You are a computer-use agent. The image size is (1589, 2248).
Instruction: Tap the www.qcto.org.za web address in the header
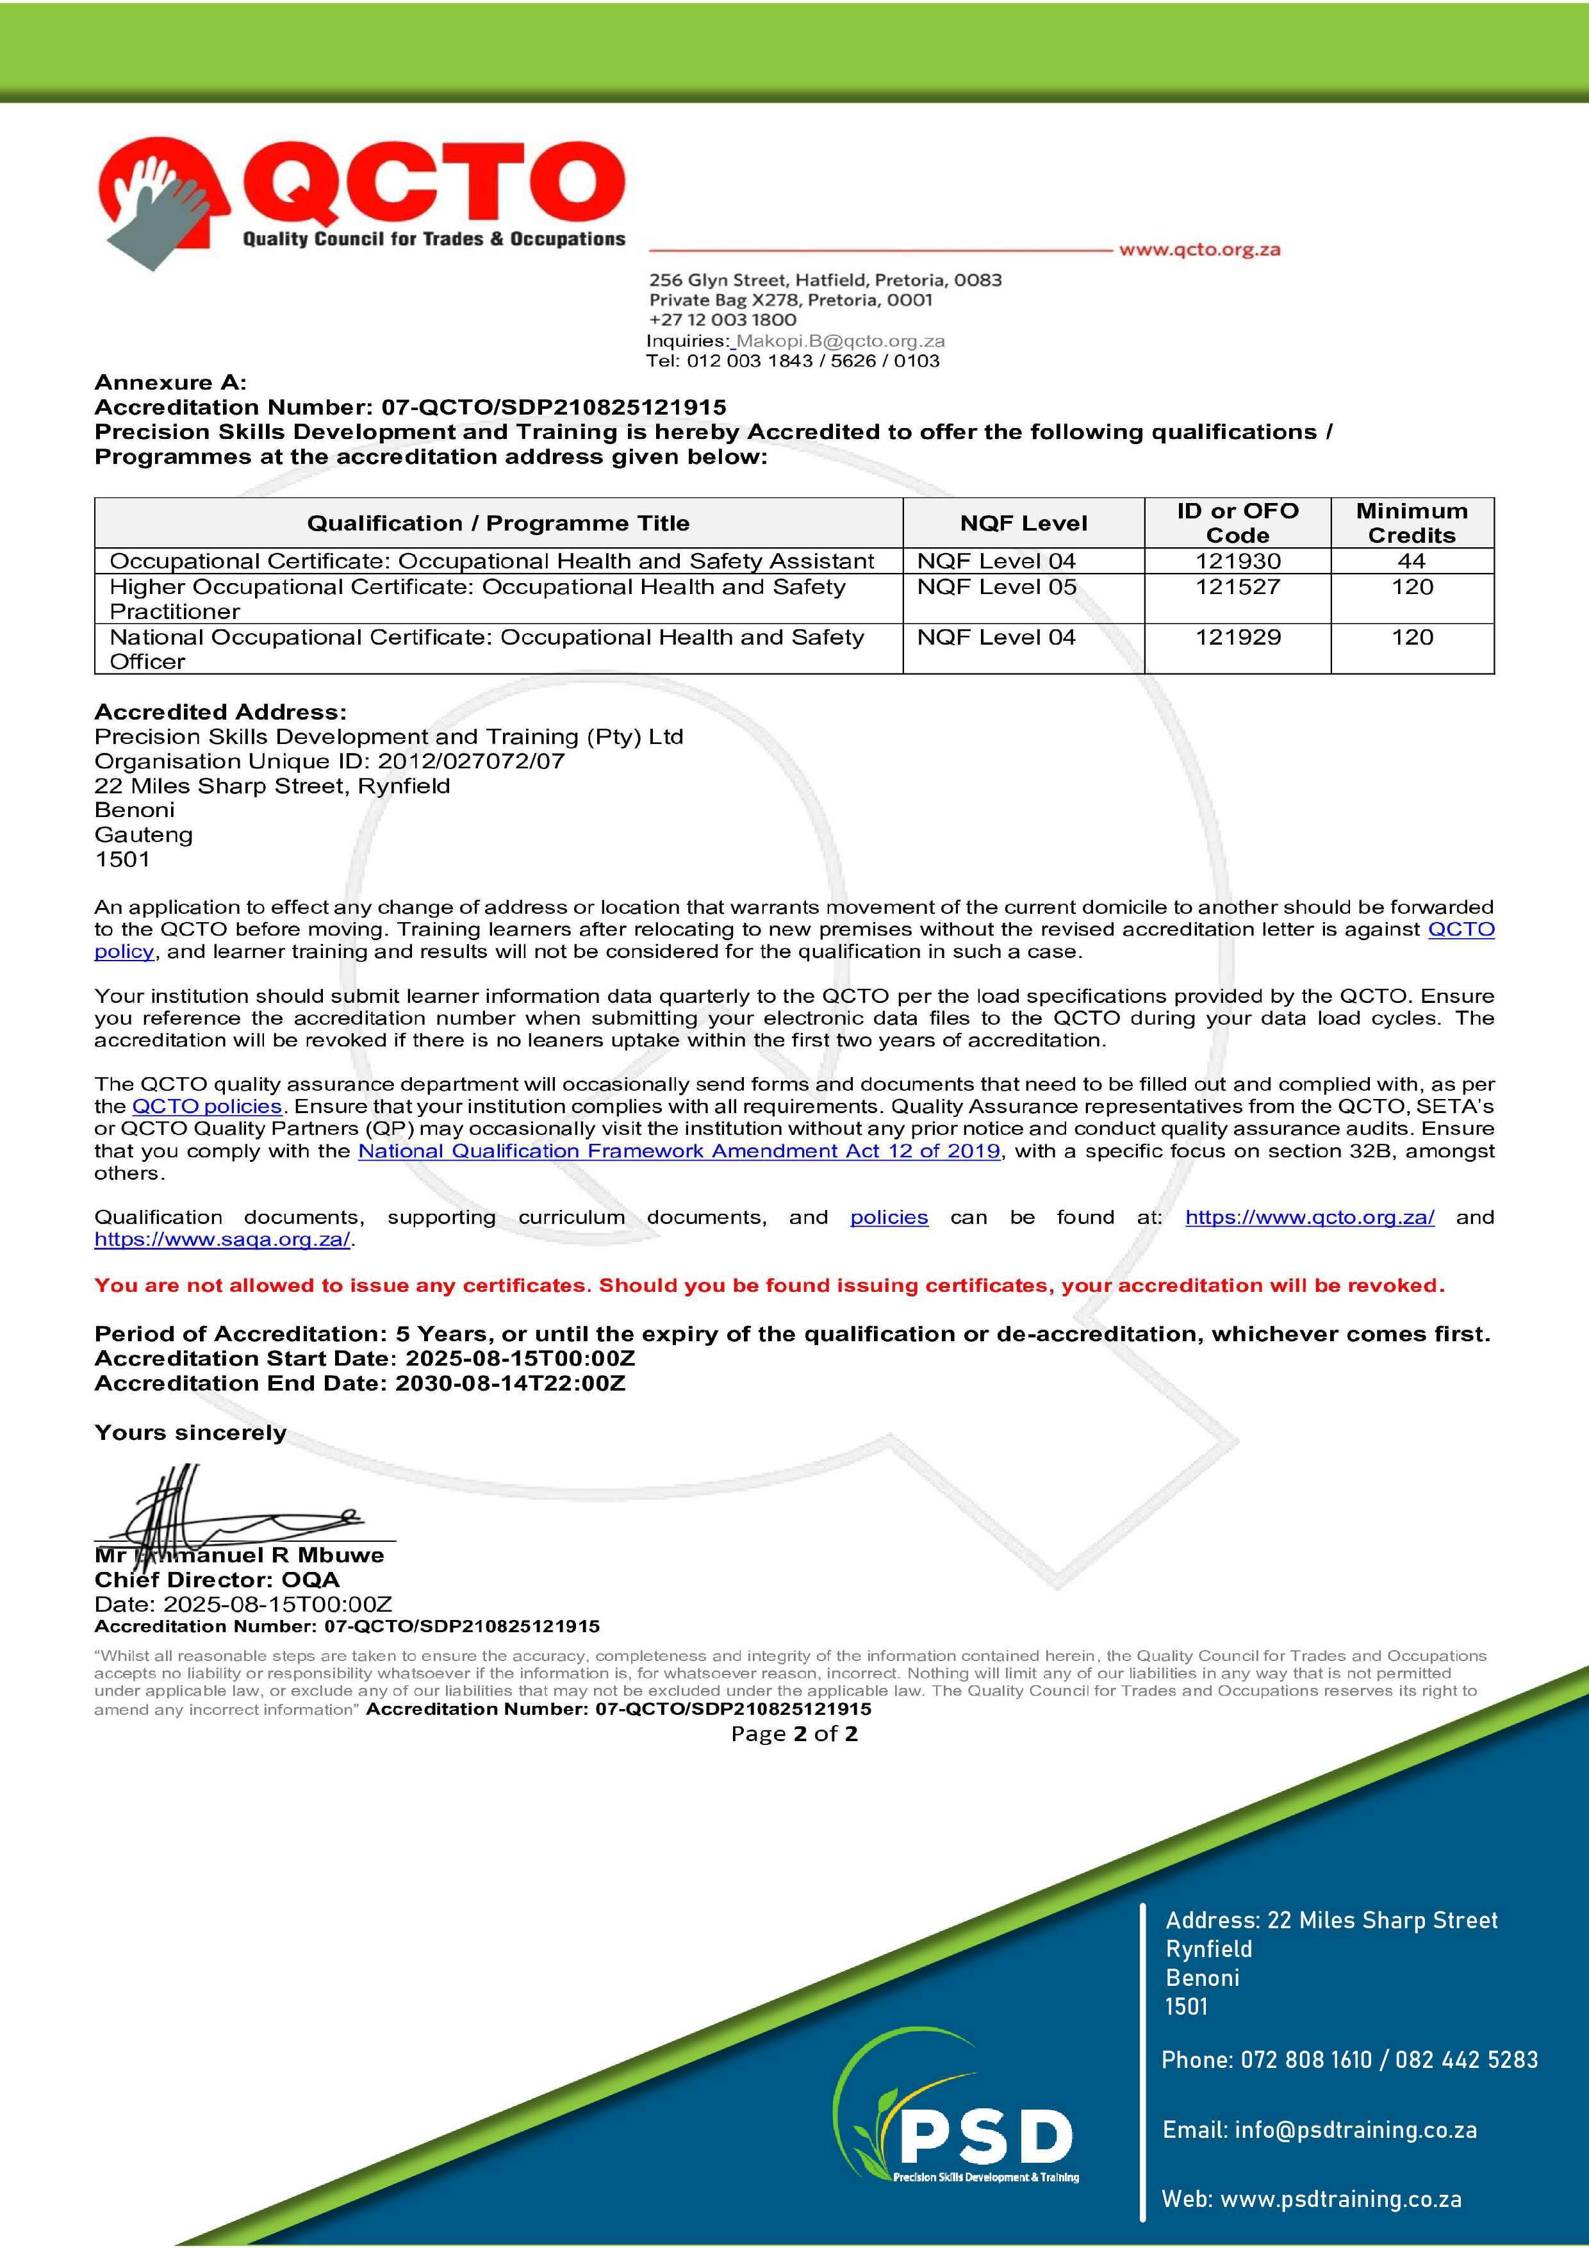[x=1199, y=250]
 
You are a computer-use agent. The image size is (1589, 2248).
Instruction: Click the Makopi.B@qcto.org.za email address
[x=840, y=341]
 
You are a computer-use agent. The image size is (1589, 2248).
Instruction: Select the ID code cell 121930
[x=1237, y=561]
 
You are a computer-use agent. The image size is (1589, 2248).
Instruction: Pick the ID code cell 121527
[x=1237, y=588]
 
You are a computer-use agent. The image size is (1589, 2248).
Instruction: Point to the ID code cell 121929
[x=1237, y=638]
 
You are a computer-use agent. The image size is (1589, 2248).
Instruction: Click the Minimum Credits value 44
[x=1411, y=561]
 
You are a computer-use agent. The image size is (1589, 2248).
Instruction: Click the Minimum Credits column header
[x=1411, y=523]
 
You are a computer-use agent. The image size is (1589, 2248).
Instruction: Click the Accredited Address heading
[x=220, y=712]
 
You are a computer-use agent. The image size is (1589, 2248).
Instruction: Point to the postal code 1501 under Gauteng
[x=122, y=859]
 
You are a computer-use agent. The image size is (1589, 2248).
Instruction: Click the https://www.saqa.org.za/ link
[x=222, y=1239]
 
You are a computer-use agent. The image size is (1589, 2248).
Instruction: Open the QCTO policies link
[x=206, y=1106]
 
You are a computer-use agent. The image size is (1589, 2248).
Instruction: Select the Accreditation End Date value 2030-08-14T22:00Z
[x=509, y=1384]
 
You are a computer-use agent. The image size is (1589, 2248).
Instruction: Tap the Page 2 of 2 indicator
[x=794, y=1734]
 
